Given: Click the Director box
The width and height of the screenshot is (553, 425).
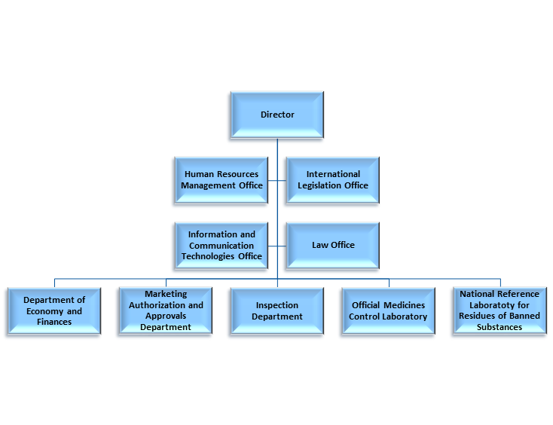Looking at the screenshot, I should pyautogui.click(x=277, y=115).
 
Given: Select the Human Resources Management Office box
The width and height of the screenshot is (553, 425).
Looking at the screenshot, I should pyautogui.click(x=222, y=180).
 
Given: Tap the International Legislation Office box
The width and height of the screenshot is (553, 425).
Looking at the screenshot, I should pyautogui.click(x=332, y=180).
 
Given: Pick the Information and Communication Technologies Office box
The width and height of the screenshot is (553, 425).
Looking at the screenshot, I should pyautogui.click(x=222, y=245).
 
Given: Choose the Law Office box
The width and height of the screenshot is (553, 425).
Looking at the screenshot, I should pyautogui.click(x=332, y=245).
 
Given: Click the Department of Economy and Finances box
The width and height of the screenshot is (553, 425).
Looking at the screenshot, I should pyautogui.click(x=53, y=310).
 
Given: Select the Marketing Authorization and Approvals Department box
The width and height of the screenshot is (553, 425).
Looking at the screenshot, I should pyautogui.click(x=166, y=310).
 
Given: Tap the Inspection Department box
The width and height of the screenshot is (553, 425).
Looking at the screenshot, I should pyautogui.click(x=277, y=310).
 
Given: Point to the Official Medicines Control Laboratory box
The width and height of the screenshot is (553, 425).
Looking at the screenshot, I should pyautogui.click(x=388, y=310).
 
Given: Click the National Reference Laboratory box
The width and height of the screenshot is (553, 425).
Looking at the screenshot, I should pyautogui.click(x=500, y=310).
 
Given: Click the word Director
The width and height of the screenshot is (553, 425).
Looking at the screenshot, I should pyautogui.click(x=277, y=115).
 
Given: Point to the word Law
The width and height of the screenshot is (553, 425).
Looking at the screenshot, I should pyautogui.click(x=319, y=245).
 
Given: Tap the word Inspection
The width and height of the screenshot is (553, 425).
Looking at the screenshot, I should pyautogui.click(x=277, y=305).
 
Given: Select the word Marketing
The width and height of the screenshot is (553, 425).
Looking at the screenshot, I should pyautogui.click(x=166, y=294).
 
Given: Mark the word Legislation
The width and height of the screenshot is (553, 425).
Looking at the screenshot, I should pyautogui.click(x=323, y=185).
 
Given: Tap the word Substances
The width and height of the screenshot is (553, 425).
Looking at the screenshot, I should pyautogui.click(x=500, y=327).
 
